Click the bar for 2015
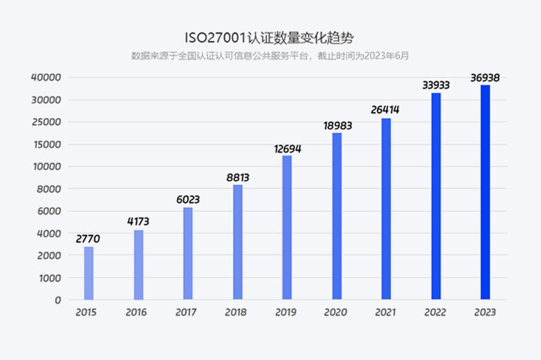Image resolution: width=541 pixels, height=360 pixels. pyautogui.click(x=89, y=273)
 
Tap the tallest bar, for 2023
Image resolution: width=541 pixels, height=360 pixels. pyautogui.click(x=485, y=192)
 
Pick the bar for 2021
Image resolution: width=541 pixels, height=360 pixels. pyautogui.click(x=387, y=209)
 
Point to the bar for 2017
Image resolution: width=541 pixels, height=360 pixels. pyautogui.click(x=188, y=253)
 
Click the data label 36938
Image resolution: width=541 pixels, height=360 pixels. pyautogui.click(x=485, y=77)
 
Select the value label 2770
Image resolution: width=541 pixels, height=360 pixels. pyautogui.click(x=88, y=239)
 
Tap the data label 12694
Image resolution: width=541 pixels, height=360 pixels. pyautogui.click(x=286, y=148)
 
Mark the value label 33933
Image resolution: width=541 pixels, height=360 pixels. pyautogui.click(x=436, y=85)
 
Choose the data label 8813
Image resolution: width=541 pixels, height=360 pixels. pyautogui.click(x=237, y=178)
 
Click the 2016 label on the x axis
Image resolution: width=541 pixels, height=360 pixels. pyautogui.click(x=136, y=313)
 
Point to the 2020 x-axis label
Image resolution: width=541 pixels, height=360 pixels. pyautogui.click(x=335, y=313)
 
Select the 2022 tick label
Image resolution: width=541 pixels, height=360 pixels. pyautogui.click(x=436, y=313)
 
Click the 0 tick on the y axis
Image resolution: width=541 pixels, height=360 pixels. pyautogui.click(x=57, y=300)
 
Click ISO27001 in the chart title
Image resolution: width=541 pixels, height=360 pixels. pyautogui.click(x=215, y=37)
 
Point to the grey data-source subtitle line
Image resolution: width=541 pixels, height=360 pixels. pyautogui.click(x=270, y=55)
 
